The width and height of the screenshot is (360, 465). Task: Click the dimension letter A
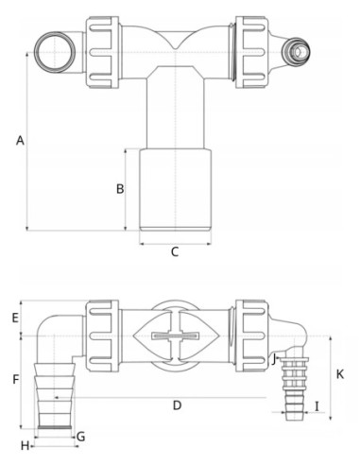click(19, 141)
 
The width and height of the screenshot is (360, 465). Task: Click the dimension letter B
click(120, 188)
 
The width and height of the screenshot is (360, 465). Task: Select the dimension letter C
click(175, 252)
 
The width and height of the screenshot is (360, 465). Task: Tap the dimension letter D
click(177, 405)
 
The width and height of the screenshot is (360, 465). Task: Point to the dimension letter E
click(15, 318)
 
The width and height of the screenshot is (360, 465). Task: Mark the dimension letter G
click(81, 436)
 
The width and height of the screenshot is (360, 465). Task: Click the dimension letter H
click(25, 444)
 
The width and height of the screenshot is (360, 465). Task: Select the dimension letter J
click(273, 358)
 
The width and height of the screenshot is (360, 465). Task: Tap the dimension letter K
click(340, 374)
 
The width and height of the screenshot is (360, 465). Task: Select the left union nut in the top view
click(101, 45)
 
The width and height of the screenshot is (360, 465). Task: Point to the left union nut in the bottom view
click(101, 336)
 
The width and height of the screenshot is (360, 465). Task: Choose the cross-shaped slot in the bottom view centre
click(177, 336)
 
